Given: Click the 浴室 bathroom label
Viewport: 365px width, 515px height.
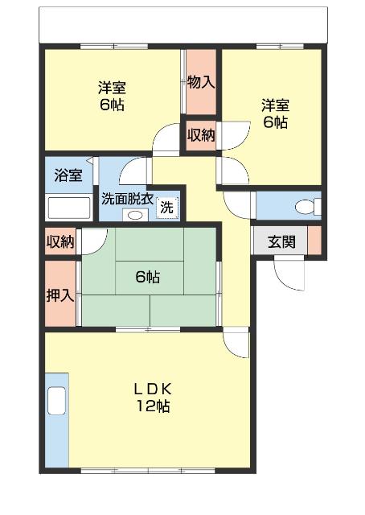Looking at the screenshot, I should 68,176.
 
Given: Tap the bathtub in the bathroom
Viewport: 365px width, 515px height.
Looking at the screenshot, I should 68,208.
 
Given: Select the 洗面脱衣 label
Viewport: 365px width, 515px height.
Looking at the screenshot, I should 127,198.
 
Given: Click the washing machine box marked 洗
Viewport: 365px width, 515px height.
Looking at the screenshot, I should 166,206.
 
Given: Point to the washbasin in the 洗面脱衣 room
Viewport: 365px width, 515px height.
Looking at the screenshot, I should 133,215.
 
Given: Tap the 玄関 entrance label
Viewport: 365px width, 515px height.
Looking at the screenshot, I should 281,241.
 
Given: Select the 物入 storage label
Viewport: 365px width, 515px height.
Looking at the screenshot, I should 201,81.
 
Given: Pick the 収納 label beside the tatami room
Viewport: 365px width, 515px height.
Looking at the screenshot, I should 60,241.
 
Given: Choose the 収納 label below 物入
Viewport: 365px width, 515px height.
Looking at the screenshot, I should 201,134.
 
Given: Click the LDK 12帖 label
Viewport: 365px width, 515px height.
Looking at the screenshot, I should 152,397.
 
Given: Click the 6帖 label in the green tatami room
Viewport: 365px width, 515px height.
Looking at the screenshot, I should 147,278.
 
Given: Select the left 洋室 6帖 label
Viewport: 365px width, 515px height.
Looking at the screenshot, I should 113,96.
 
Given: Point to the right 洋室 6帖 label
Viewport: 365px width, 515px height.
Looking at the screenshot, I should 274,113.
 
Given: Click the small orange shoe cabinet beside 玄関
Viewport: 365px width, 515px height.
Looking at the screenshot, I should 314,241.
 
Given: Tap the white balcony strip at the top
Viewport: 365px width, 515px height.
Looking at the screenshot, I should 182,25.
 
